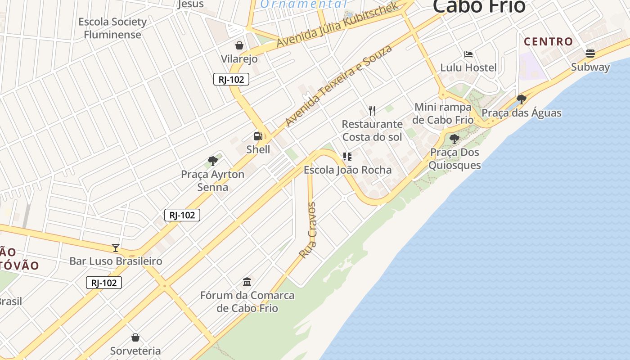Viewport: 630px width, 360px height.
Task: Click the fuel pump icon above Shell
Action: (x=258, y=136)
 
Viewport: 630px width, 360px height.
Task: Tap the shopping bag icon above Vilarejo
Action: (x=239, y=45)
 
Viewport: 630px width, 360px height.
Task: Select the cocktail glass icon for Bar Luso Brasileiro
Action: (x=116, y=247)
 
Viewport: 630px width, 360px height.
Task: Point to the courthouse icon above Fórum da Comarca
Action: (x=247, y=282)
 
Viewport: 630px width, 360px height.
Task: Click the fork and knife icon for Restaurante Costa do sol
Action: (x=372, y=110)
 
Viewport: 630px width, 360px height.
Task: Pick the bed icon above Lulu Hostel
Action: (x=468, y=54)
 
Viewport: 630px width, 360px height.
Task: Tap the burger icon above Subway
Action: (x=590, y=54)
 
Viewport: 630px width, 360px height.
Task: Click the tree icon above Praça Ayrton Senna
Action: (x=213, y=161)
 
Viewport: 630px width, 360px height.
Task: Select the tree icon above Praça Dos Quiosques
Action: (x=454, y=139)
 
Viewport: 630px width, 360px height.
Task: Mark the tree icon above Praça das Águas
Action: (x=522, y=99)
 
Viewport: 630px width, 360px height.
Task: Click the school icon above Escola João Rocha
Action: (x=347, y=157)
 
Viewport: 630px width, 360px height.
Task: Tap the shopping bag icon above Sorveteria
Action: (x=135, y=337)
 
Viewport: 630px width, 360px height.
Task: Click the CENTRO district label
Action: (x=549, y=42)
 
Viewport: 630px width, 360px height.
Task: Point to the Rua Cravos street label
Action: (x=308, y=230)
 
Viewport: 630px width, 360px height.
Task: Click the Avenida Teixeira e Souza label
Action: (x=338, y=85)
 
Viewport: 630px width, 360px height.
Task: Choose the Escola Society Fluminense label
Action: (x=112, y=28)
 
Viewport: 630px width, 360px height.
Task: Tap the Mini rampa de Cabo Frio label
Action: (x=443, y=113)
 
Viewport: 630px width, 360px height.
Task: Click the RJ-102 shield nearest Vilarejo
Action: (x=231, y=80)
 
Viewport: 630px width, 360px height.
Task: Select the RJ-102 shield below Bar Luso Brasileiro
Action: (x=104, y=283)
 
